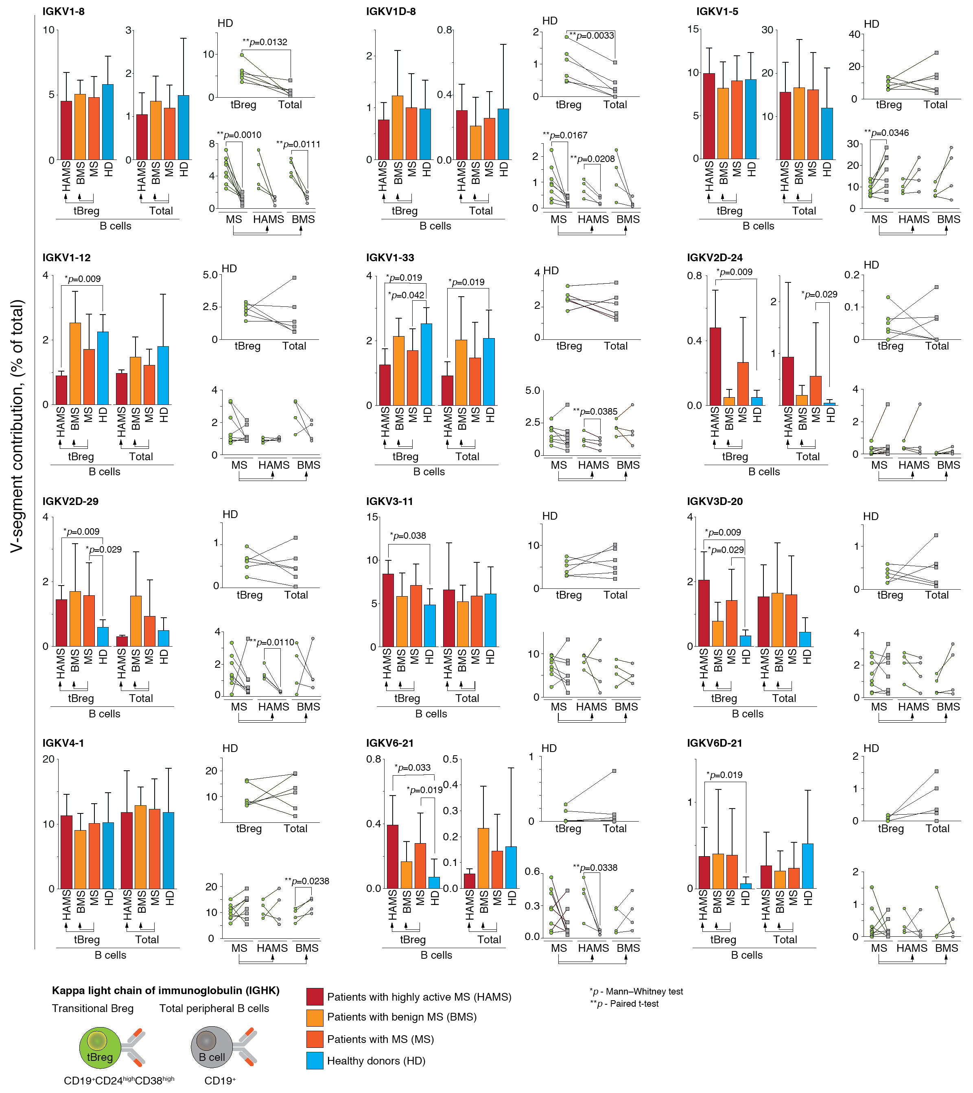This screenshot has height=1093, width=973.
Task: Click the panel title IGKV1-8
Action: pos(63,11)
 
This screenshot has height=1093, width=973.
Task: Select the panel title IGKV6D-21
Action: pos(714,743)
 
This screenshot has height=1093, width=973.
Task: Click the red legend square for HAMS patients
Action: pos(315,997)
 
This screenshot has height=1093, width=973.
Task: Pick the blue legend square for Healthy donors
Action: pos(315,1061)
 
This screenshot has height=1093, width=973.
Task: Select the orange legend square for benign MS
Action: pos(315,1017)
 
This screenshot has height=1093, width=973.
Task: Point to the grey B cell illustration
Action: pos(212,1047)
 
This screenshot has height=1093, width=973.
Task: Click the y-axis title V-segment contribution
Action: pos(17,426)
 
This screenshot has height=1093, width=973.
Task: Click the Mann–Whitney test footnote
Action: pos(636,991)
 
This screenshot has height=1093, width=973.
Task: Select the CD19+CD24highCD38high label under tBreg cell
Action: pos(119,1080)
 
